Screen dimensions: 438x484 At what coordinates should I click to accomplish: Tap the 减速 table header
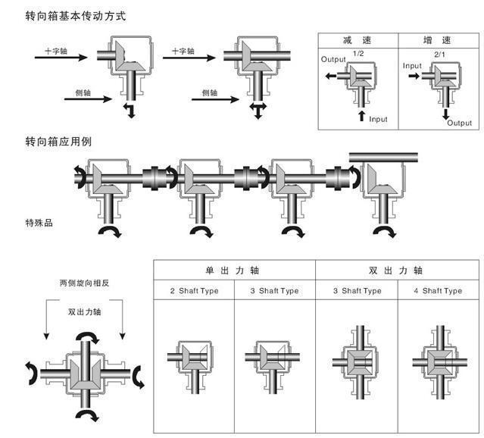(355, 39)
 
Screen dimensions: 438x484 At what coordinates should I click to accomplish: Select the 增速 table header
(437, 39)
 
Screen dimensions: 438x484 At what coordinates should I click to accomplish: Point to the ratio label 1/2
(358, 55)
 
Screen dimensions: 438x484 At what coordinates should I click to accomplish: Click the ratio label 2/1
(440, 55)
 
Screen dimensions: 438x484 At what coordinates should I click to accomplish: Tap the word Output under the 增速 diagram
(459, 123)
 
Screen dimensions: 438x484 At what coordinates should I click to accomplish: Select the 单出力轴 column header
(234, 270)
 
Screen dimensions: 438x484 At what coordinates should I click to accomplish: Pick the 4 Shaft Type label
(437, 291)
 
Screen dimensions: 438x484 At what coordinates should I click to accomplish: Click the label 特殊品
(39, 223)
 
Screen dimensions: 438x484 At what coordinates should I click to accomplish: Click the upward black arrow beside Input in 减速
(361, 117)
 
